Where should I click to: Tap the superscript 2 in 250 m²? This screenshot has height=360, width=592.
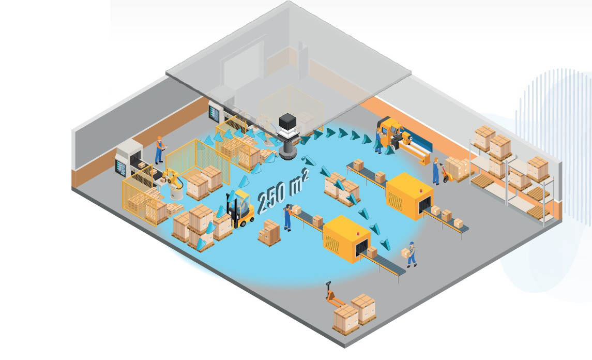tap(306, 175)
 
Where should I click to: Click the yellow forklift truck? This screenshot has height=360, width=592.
tap(242, 209)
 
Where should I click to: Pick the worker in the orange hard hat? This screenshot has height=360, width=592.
tap(159, 149)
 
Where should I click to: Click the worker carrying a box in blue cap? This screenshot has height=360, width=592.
tap(411, 254)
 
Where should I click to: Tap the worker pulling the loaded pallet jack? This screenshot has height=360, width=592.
tap(436, 171)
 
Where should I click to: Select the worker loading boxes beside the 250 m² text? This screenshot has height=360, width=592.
tap(287, 217)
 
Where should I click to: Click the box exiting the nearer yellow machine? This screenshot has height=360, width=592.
tap(371, 252)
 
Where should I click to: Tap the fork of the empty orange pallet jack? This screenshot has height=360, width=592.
tap(337, 302)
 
